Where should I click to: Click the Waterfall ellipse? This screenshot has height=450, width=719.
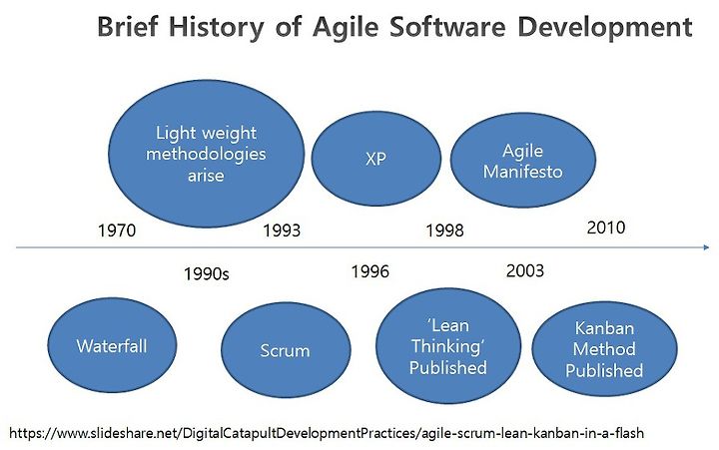tap(112, 345)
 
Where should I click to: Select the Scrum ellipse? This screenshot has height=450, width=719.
tap(286, 350)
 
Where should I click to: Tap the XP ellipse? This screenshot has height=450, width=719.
tap(376, 159)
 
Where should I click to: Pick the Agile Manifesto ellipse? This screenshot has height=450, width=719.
tap(523, 160)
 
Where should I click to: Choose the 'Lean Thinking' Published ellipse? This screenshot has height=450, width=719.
tap(448, 346)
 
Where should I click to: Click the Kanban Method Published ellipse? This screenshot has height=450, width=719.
tap(604, 349)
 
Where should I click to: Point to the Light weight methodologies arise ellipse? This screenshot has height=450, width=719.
tap(207, 154)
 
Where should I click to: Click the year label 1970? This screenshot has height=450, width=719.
tap(117, 230)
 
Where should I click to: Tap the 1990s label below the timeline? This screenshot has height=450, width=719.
tap(207, 274)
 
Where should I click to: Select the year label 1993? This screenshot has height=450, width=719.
tap(282, 230)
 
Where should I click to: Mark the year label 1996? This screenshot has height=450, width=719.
tap(370, 271)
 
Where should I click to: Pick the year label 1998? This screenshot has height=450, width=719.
tap(444, 230)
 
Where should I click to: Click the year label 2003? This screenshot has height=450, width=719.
tap(525, 270)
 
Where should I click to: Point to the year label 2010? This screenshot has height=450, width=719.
tap(606, 227)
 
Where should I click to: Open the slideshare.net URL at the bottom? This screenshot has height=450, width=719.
tap(327, 433)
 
